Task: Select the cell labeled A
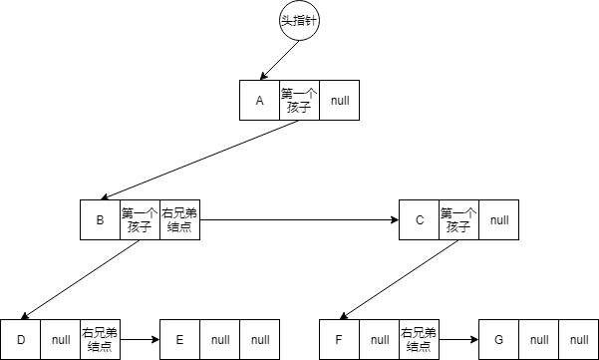(259, 100)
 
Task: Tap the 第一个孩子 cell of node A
(299, 100)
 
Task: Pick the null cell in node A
(339, 100)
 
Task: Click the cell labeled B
(100, 219)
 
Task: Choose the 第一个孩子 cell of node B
(140, 219)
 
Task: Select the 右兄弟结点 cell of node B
(179, 219)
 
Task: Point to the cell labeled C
(419, 219)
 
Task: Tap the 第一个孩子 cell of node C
(458, 219)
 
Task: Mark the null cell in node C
(498, 219)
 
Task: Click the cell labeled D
(21, 339)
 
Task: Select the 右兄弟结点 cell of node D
(100, 339)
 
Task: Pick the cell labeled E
(179, 339)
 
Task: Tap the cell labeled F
(339, 339)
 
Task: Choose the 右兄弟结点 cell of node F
(419, 339)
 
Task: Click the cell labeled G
(498, 339)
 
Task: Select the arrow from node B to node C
(299, 219)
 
